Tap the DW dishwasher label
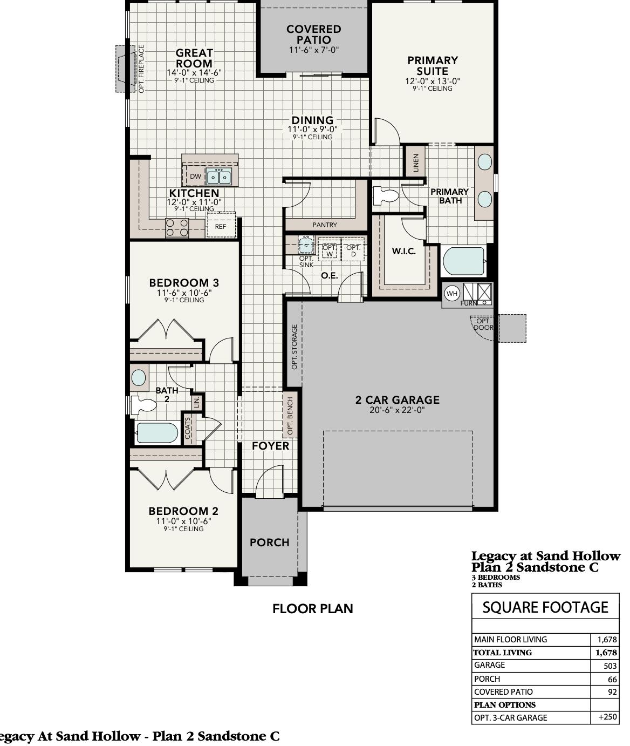pos(195,177)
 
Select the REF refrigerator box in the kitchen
pos(221,226)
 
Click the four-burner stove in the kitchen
pos(176,228)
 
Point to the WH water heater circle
pos(452,294)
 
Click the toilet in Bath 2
pos(143,405)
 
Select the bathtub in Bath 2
pos(156,432)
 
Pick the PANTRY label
pos(325,225)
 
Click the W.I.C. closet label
pos(404,252)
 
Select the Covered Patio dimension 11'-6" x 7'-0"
pos(314,50)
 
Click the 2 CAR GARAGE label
pos(398,400)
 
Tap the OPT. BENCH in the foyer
pos(290,416)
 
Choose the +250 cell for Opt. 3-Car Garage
pos(607,717)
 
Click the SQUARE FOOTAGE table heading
pos(545,607)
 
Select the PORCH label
pos(270,542)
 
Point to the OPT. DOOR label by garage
pos(483,324)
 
